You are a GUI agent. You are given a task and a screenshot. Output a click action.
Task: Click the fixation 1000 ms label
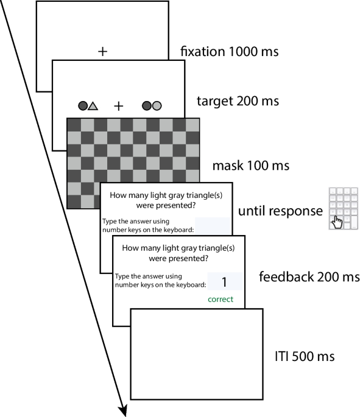point(230,51)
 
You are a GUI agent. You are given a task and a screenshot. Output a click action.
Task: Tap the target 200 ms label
point(238,101)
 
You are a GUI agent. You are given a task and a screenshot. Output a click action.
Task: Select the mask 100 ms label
point(250,166)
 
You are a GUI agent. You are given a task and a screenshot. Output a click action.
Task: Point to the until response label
point(280,211)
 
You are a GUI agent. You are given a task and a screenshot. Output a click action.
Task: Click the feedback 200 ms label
point(309,277)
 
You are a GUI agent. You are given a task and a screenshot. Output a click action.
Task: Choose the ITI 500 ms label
point(305,356)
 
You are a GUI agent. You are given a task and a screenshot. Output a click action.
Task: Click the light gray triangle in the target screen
point(93,106)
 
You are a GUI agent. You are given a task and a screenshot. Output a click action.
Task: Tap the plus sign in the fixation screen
point(103,51)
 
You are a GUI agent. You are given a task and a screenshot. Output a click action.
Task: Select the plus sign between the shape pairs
point(119,106)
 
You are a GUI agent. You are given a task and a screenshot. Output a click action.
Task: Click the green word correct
point(221,300)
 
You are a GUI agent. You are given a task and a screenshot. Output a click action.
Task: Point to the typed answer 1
point(224,282)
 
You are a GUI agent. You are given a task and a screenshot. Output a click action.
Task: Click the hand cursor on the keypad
point(337,222)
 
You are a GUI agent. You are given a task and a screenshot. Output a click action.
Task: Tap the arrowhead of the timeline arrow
point(123,411)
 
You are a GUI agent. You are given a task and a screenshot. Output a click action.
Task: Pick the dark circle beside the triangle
point(83,106)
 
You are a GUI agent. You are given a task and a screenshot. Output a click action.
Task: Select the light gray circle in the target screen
point(157,106)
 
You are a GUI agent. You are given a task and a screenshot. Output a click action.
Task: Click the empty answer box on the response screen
point(213,226)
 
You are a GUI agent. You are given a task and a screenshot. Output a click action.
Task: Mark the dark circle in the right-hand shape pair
point(147,106)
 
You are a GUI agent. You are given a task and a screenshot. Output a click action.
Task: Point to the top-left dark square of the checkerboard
point(74,125)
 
